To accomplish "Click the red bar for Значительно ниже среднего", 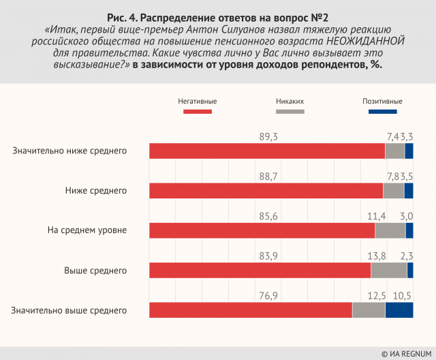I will [267, 151].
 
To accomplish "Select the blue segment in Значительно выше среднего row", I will [399, 310].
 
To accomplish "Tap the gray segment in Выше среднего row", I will [389, 270].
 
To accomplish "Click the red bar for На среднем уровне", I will [262, 230].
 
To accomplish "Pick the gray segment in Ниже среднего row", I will [394, 190].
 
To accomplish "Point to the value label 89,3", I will [270, 136].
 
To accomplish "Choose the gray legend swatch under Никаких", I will [290, 111].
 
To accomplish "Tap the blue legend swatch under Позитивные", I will [377, 111].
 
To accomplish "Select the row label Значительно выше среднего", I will [69, 310].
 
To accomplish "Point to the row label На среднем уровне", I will [87, 230].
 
